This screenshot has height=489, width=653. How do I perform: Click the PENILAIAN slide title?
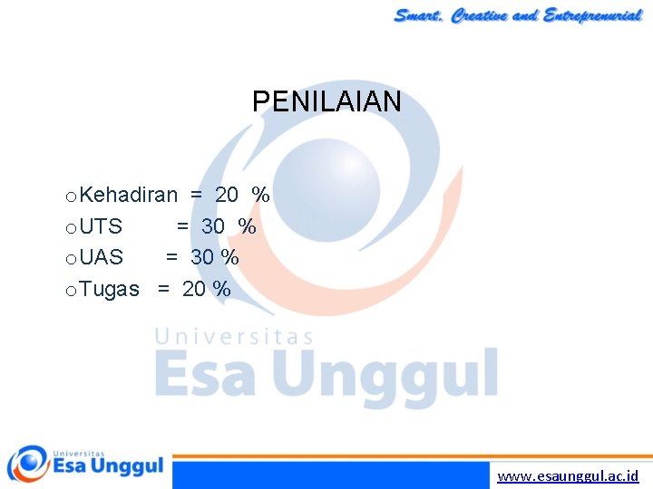326,101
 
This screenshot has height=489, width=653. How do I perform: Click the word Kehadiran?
128,195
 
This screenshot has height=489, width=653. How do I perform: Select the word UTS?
101,225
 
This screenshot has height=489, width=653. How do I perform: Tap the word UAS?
101,257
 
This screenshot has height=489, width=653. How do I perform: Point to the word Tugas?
109,289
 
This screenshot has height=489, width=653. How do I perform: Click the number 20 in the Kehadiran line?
227,195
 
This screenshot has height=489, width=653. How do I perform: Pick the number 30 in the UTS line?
213,225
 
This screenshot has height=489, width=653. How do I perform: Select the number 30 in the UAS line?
202,257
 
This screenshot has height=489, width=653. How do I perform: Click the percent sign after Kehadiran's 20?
261,195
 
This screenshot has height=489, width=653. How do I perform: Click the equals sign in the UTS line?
183,225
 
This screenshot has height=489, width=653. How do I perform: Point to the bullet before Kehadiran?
71,197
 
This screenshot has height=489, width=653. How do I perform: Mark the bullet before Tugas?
71,291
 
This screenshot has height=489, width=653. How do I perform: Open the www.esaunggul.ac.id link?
568,475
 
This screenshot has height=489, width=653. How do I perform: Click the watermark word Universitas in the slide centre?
234,337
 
